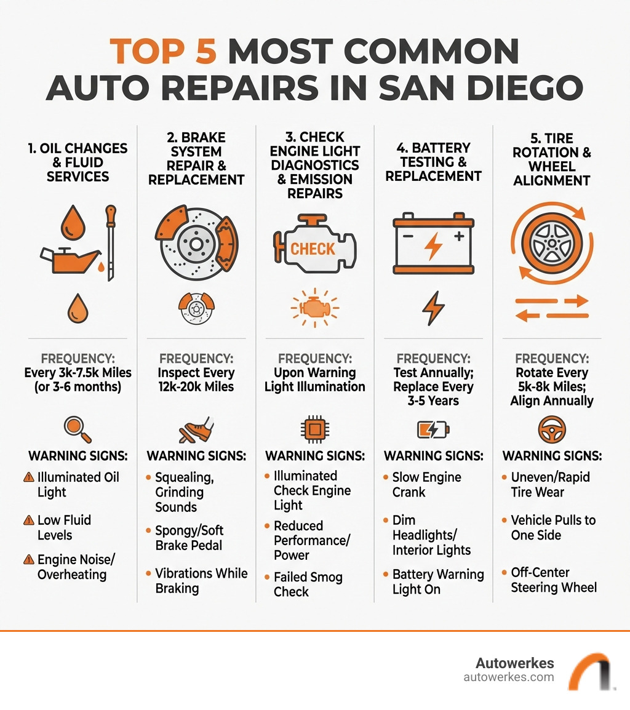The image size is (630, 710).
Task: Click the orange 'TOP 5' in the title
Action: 164,52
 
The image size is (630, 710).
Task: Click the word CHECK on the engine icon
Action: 313,249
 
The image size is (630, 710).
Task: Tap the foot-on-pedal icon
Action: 196,429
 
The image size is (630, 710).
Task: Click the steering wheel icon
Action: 552,429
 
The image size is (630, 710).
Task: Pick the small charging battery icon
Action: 433,429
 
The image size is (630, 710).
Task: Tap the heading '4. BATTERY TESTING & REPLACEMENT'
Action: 433,162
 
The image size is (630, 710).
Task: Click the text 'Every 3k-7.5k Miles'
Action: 78,373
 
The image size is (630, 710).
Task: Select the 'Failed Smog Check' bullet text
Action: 308,584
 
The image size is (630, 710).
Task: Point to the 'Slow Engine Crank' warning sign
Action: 426,485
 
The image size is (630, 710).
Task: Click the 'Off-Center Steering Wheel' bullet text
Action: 553,580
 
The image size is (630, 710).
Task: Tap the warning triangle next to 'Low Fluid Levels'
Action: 28,521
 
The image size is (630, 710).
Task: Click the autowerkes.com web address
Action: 508,677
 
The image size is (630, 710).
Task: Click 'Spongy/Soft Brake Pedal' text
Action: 189,538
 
